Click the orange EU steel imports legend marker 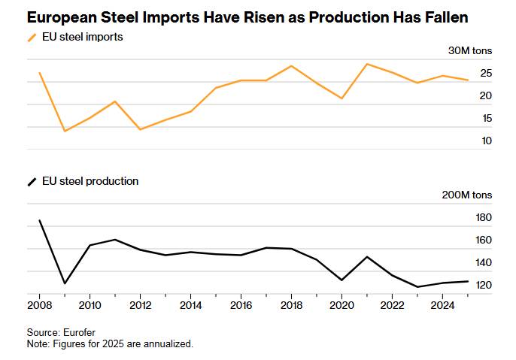coord(32,37)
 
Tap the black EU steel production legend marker coord(32,181)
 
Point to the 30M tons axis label coord(470,50)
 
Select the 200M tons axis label coord(467,195)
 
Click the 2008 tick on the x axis coord(39,306)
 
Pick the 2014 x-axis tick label coord(190,306)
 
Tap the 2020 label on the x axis coord(341,306)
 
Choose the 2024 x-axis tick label coord(442,306)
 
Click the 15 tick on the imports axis coord(486,118)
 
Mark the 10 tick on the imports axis coord(486,141)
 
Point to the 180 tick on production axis coord(483,218)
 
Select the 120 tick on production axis coord(483,286)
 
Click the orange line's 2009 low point coord(65,132)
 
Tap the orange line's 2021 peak coord(367,64)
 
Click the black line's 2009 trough coord(65,283)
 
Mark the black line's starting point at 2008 coord(39,220)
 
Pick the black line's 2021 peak coord(367,257)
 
